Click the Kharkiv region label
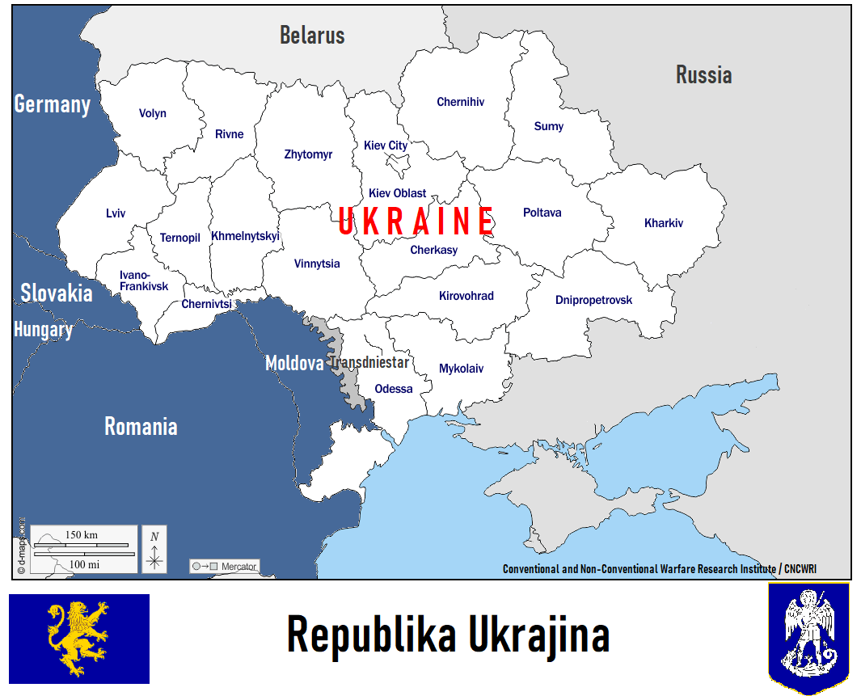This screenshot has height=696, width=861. (x=663, y=223)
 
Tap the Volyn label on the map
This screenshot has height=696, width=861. (x=152, y=113)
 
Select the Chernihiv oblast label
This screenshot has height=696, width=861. (x=460, y=102)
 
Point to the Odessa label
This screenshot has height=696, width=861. (x=394, y=389)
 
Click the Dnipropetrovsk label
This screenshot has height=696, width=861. (x=593, y=300)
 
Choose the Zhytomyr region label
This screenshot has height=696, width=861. (x=308, y=154)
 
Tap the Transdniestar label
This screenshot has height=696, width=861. (x=369, y=363)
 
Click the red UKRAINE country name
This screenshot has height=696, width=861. (x=416, y=221)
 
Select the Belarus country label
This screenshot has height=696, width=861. (x=312, y=36)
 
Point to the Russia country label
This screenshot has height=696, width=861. (x=703, y=75)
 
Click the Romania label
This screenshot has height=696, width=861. (x=141, y=426)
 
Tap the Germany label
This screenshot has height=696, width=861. (x=53, y=104)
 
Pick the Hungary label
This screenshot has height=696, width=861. (x=44, y=330)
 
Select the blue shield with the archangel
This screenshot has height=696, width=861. (x=808, y=639)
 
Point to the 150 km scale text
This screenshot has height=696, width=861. (x=81, y=535)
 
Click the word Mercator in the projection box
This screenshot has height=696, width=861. (x=238, y=567)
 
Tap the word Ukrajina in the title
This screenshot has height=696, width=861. (x=541, y=635)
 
